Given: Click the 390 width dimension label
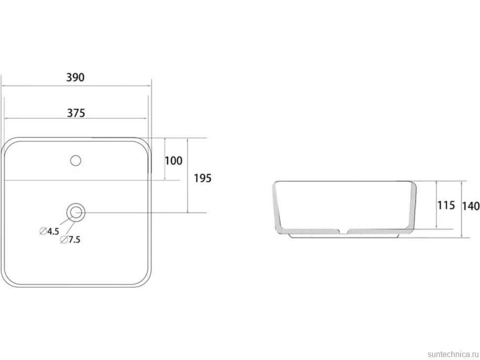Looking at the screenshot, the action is pyautogui.click(x=75, y=77).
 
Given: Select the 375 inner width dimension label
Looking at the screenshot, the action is pyautogui.click(x=76, y=113).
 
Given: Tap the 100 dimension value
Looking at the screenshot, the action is pyautogui.click(x=174, y=161).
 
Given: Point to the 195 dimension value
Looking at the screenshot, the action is pyautogui.click(x=203, y=178).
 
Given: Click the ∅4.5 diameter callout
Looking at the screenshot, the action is pyautogui.click(x=49, y=231).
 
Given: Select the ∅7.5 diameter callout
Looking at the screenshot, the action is pyautogui.click(x=70, y=239).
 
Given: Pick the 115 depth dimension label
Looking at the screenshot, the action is pyautogui.click(x=446, y=205).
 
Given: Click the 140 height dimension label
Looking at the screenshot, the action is pyautogui.click(x=471, y=206).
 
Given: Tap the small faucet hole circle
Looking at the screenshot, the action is pyautogui.click(x=75, y=161).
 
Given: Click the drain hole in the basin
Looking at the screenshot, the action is pyautogui.click(x=76, y=212).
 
